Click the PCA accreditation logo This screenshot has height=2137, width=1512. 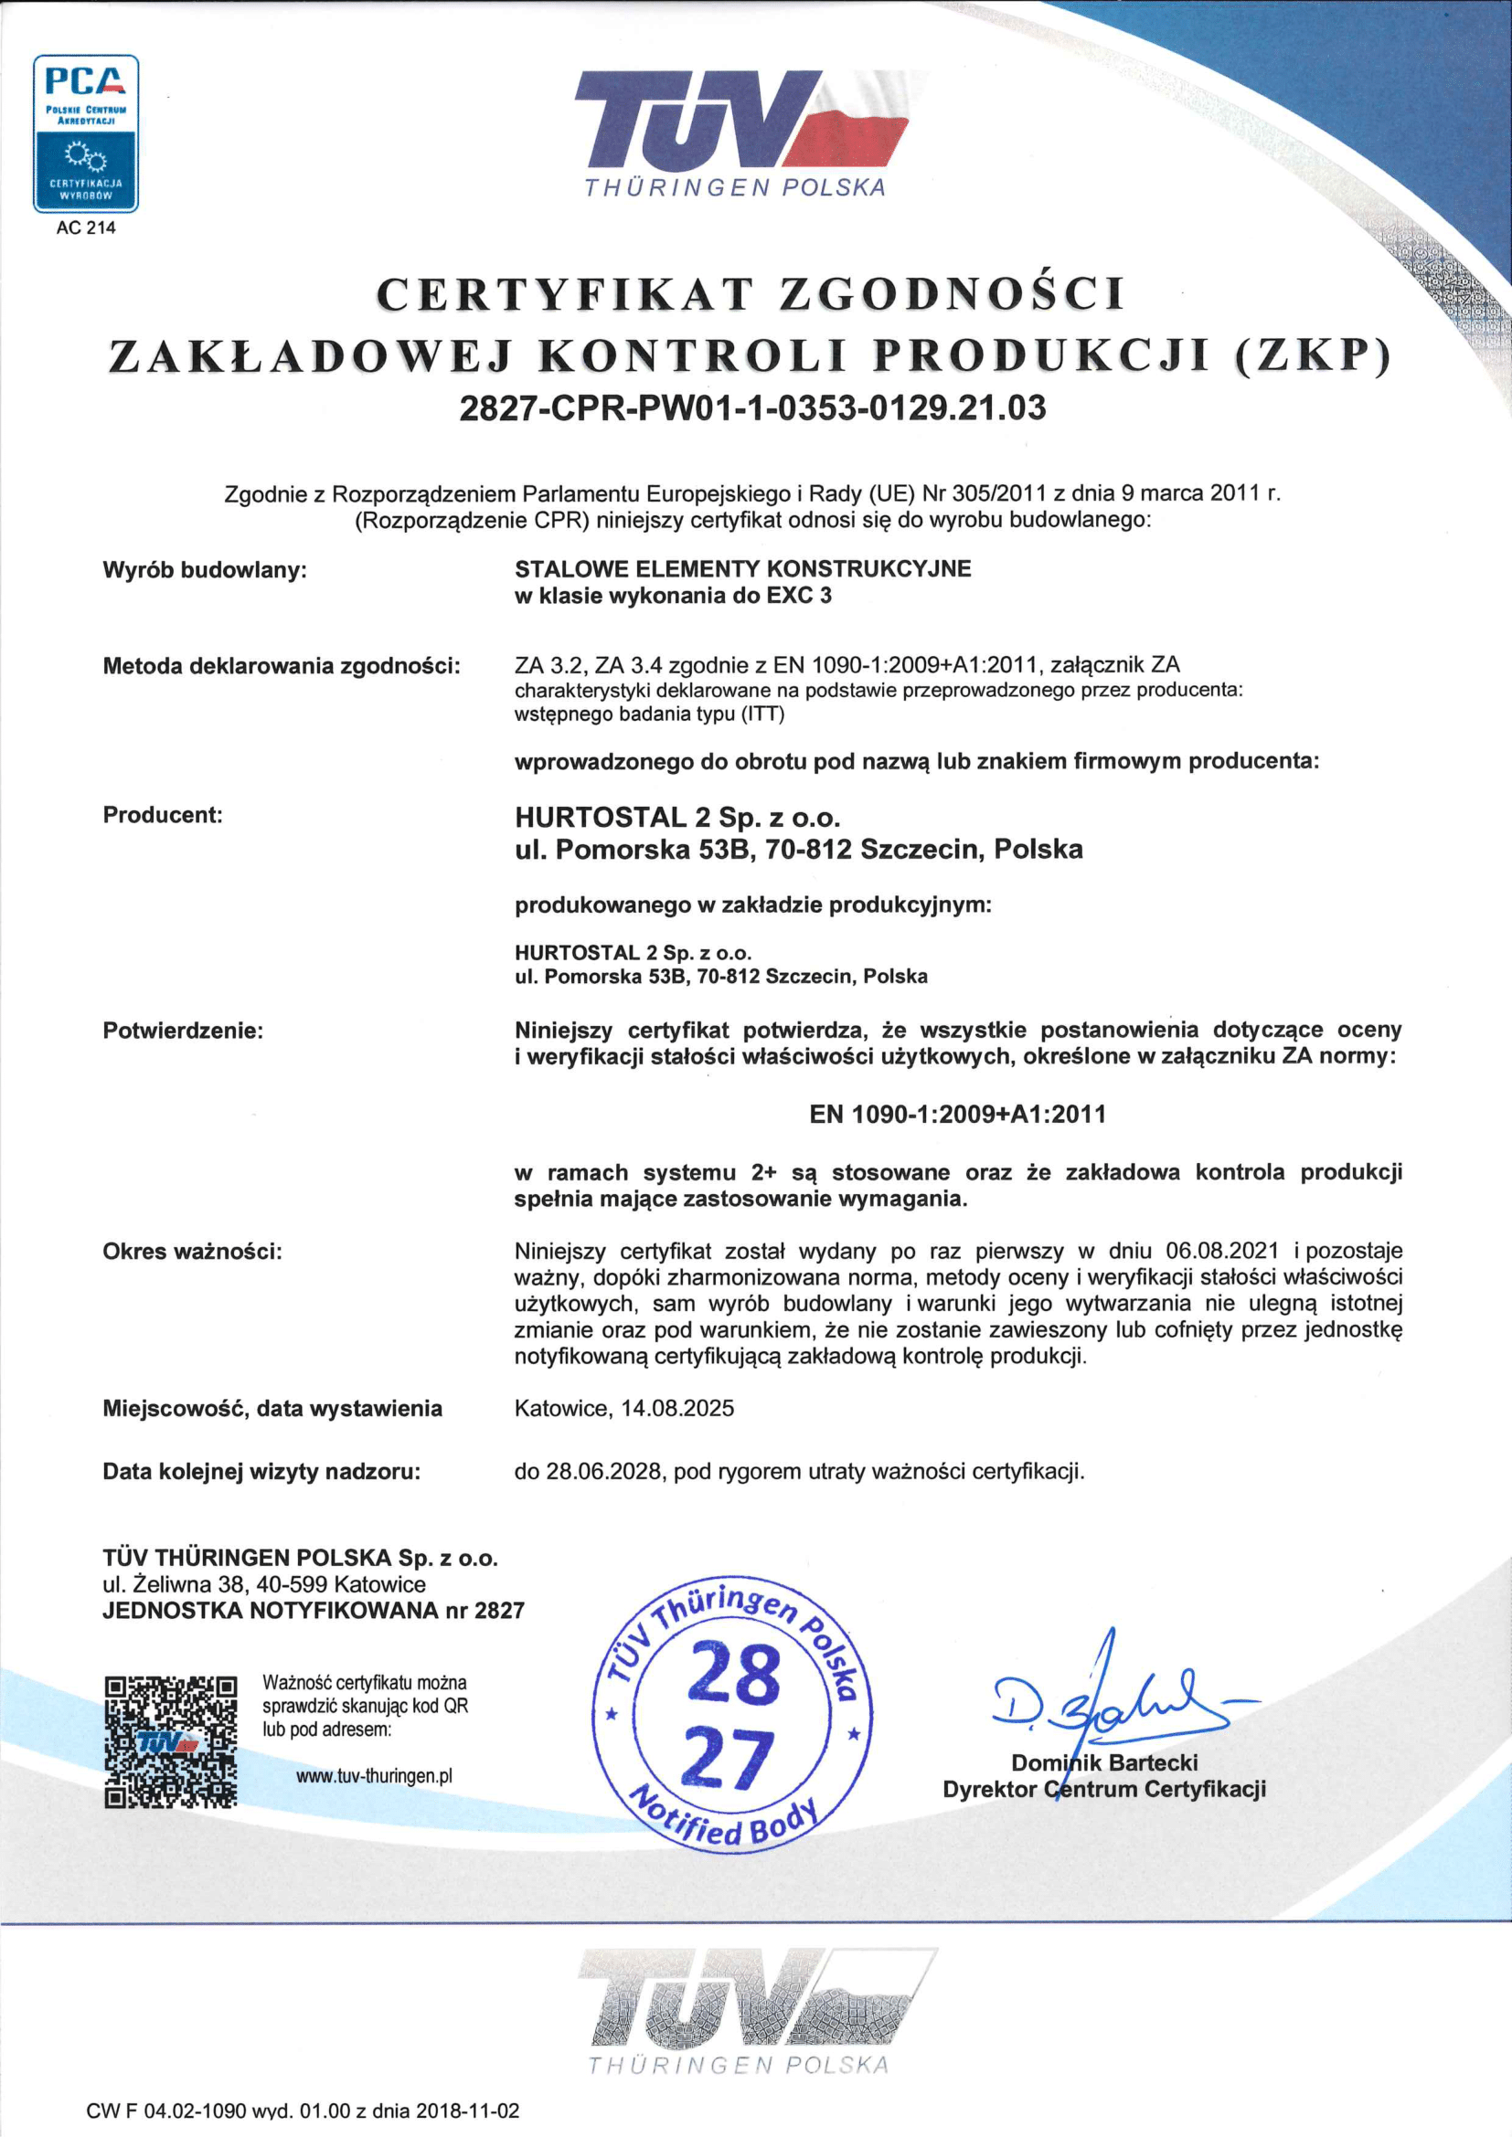[x=86, y=134]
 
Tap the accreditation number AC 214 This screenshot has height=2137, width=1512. [x=86, y=228]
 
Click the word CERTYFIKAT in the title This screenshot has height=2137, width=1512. [x=563, y=295]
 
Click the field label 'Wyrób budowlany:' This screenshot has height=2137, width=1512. [x=205, y=569]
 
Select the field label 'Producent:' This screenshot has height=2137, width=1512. [x=163, y=814]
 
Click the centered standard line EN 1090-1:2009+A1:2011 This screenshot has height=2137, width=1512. [x=957, y=1113]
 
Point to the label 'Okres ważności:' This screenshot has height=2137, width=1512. [x=193, y=1251]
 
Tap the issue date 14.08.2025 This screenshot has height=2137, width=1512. [x=676, y=1408]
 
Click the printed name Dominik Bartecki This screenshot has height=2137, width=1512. [x=1104, y=1761]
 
